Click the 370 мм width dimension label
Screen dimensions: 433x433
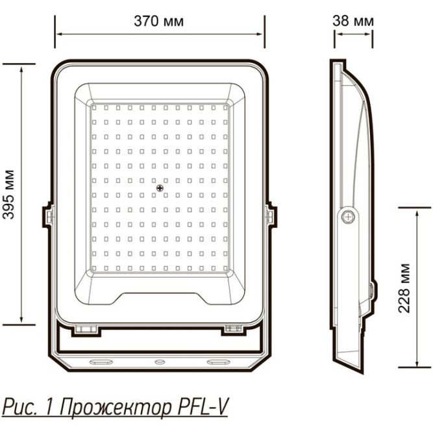point(158,21)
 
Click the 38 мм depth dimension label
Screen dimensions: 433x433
point(353,21)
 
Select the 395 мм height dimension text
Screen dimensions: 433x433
point(9,195)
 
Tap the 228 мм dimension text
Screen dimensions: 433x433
point(404,288)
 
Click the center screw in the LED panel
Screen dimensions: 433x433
point(159,188)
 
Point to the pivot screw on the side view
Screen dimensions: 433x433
point(349,216)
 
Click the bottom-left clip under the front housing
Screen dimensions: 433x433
point(85,329)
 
